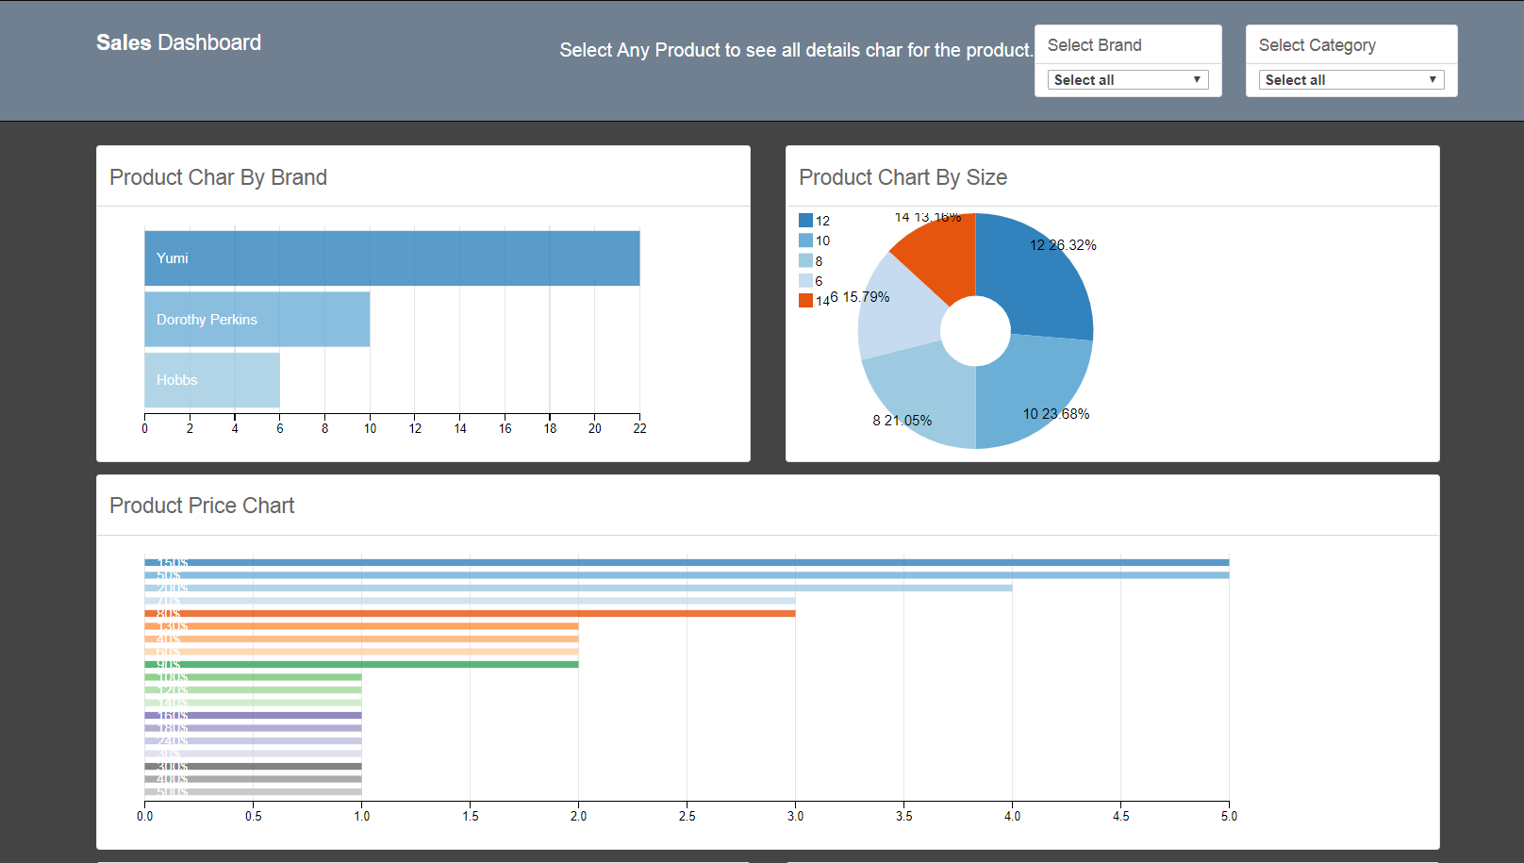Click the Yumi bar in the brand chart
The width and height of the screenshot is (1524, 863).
(391, 258)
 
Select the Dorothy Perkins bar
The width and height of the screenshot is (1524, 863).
(257, 320)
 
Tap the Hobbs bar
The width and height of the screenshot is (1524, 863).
(211, 380)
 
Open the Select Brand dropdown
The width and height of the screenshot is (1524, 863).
(1127, 80)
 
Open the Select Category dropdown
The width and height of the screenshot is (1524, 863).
(1350, 80)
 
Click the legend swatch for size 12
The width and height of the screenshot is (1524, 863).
(805, 221)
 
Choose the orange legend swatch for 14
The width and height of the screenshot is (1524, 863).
(805, 301)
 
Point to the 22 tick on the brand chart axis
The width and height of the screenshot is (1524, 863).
(639, 428)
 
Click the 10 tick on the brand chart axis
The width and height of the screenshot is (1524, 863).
(370, 428)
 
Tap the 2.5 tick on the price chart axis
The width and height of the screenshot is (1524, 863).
(687, 816)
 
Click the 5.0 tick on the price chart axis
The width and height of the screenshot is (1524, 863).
(1228, 816)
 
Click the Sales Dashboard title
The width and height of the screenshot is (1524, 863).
(178, 42)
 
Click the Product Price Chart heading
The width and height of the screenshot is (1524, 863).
(202, 506)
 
